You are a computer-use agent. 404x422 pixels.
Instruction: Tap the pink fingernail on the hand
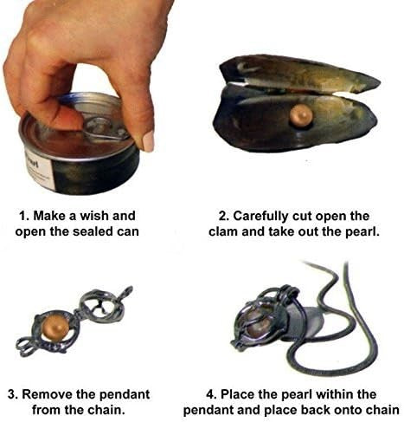pyautogui.click(x=148, y=141)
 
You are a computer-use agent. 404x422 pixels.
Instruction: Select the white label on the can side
pyautogui.click(x=39, y=171)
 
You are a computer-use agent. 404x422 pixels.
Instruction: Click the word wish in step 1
pyautogui.click(x=94, y=216)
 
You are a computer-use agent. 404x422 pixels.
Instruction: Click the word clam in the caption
pyautogui.click(x=223, y=231)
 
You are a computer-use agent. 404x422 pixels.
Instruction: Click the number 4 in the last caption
pyautogui.click(x=210, y=394)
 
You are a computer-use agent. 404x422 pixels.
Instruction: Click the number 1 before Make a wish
pyautogui.click(x=23, y=216)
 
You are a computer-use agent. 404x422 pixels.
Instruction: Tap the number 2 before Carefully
pyautogui.click(x=223, y=216)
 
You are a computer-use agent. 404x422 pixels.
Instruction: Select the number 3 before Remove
pyautogui.click(x=13, y=394)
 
